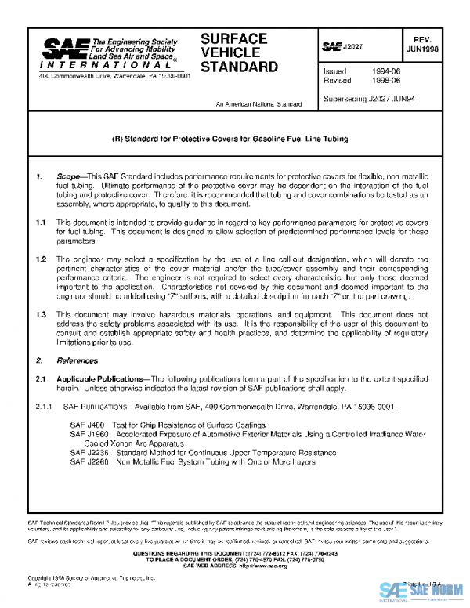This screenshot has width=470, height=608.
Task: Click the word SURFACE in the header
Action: tap(233, 39)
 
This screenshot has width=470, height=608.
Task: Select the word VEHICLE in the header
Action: tap(230, 52)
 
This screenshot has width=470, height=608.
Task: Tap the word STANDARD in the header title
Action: tap(239, 67)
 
